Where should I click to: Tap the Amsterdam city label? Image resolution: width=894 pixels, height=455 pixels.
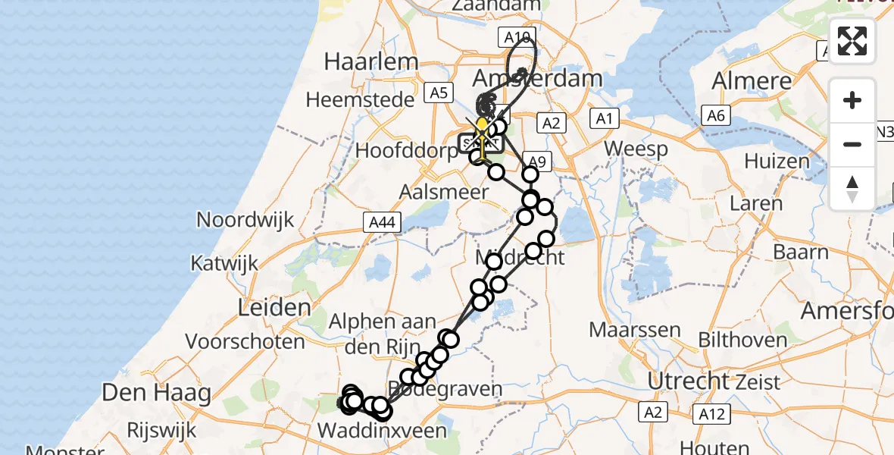point(537,78)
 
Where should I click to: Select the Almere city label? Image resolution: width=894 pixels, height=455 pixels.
point(752,80)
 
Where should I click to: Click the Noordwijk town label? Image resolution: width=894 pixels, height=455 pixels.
point(245,220)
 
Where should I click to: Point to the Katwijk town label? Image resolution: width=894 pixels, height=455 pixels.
point(224,264)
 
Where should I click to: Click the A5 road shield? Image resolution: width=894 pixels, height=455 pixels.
point(439,93)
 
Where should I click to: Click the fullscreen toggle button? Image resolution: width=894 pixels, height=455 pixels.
point(852,41)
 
